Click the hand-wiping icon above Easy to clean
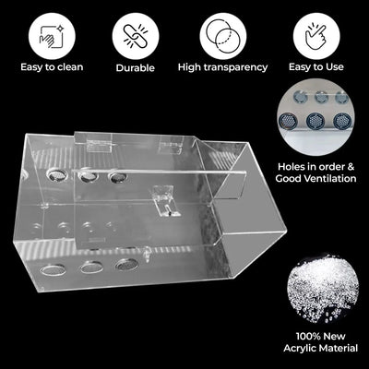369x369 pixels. point(52,36)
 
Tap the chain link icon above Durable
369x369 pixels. point(136,36)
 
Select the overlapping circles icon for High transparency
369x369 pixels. point(223,36)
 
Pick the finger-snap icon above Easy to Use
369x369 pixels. point(315,36)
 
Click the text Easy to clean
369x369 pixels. point(52,67)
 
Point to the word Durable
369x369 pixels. point(136,67)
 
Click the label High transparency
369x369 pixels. point(223,67)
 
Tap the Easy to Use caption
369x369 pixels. point(316,66)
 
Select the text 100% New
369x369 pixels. point(321,336)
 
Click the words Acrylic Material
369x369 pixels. point(321,348)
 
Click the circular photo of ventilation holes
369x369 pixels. point(315,117)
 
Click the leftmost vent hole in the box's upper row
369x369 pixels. point(57,174)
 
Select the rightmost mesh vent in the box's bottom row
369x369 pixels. point(126,264)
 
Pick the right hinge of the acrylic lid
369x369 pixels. point(171,144)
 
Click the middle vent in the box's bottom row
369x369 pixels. point(91,268)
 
